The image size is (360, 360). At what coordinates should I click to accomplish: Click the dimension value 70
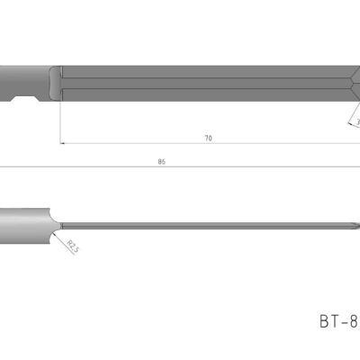[209, 138]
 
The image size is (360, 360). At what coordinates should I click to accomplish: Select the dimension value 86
[161, 162]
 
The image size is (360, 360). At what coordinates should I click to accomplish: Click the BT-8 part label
[338, 320]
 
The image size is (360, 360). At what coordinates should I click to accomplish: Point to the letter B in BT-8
[324, 320]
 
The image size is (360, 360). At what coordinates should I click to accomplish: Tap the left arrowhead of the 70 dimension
[63, 142]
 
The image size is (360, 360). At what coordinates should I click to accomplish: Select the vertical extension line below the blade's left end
[60, 121]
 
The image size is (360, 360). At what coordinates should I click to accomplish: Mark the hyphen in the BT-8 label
[344, 321]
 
